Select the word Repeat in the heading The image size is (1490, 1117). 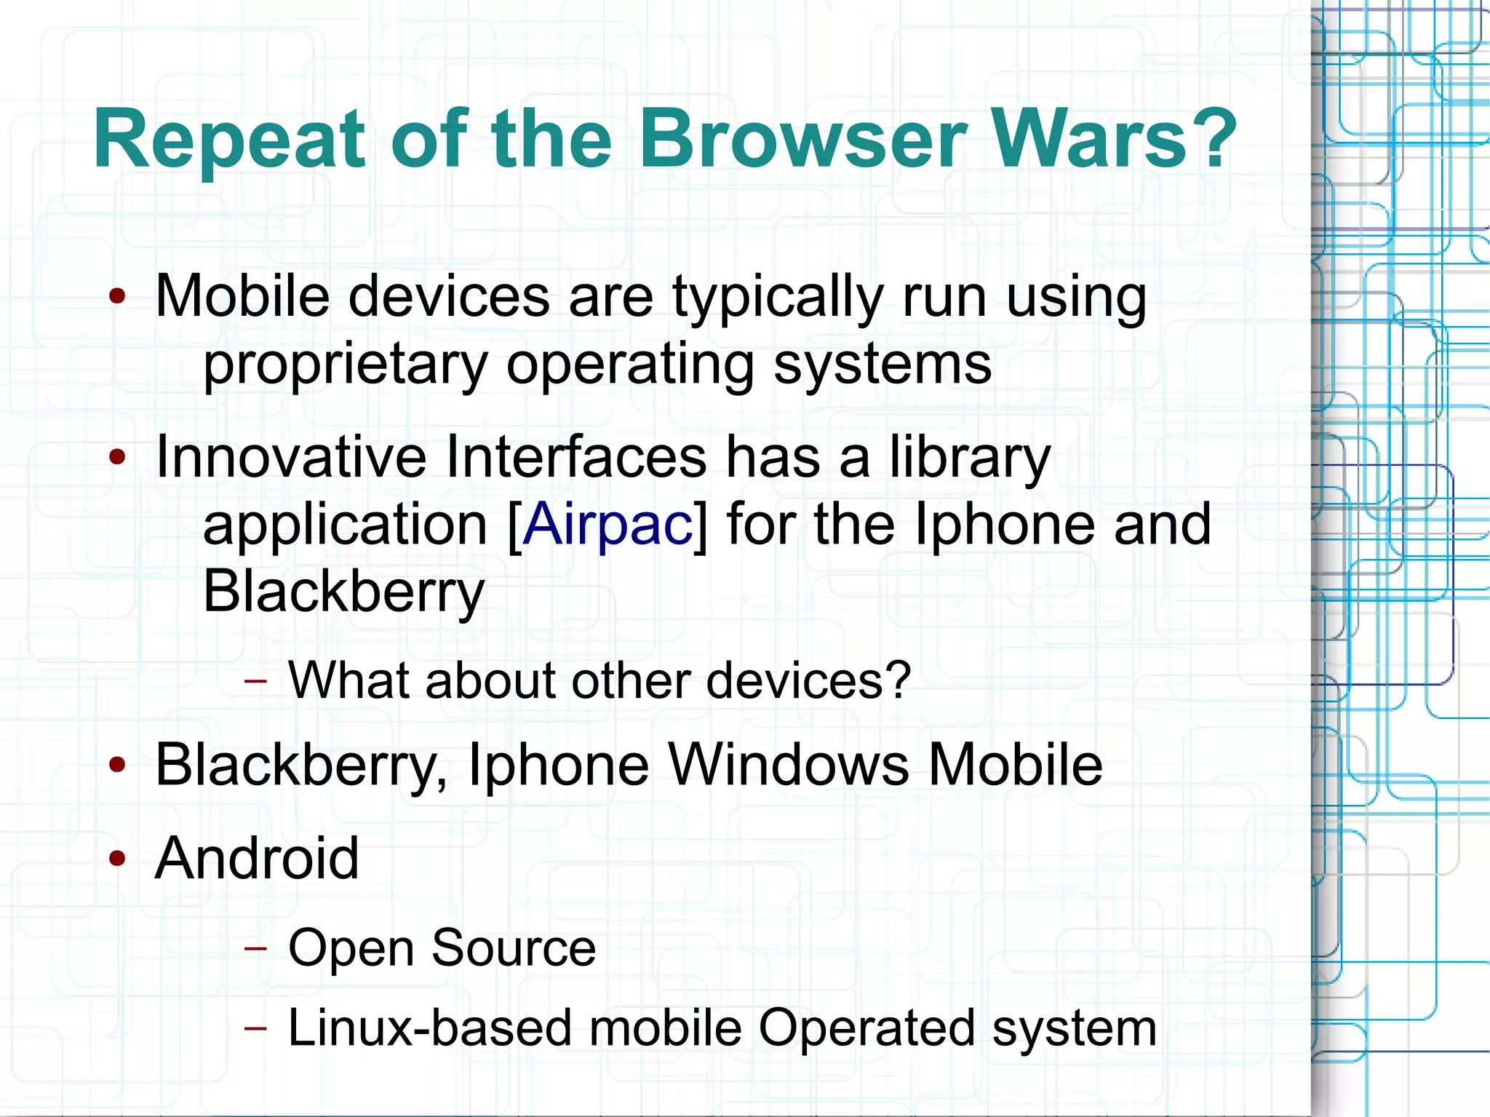click(x=229, y=140)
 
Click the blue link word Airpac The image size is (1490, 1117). click(x=607, y=524)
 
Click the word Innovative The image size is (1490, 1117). click(x=291, y=457)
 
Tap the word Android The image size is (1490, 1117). click(x=257, y=859)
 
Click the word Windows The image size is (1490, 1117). click(x=789, y=765)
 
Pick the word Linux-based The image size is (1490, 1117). click(x=429, y=1028)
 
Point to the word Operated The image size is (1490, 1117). click(x=866, y=1028)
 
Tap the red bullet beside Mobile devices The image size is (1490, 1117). click(x=117, y=296)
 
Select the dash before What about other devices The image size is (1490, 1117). click(x=255, y=681)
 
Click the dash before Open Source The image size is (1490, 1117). click(x=255, y=948)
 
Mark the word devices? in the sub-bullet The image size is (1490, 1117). click(x=808, y=680)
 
